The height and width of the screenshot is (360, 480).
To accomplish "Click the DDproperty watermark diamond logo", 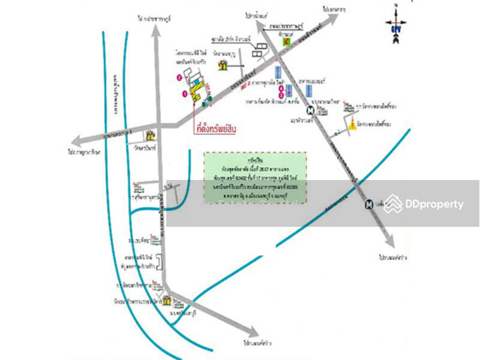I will (393, 204).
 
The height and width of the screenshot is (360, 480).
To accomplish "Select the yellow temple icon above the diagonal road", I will (223, 64).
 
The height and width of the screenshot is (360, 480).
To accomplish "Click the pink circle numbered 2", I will (179, 77).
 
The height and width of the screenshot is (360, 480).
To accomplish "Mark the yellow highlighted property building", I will (196, 88).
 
